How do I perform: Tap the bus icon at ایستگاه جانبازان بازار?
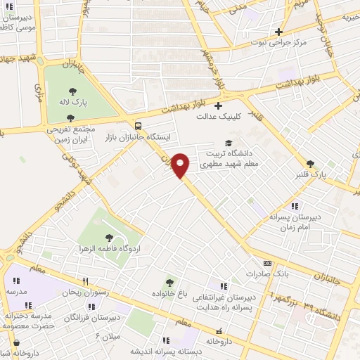137,126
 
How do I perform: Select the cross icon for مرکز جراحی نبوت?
279,32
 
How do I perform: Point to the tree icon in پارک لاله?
73,90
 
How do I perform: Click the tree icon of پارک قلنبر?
310,164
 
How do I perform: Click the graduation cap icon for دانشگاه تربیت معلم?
228,143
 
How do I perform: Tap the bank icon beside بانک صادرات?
250,273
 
